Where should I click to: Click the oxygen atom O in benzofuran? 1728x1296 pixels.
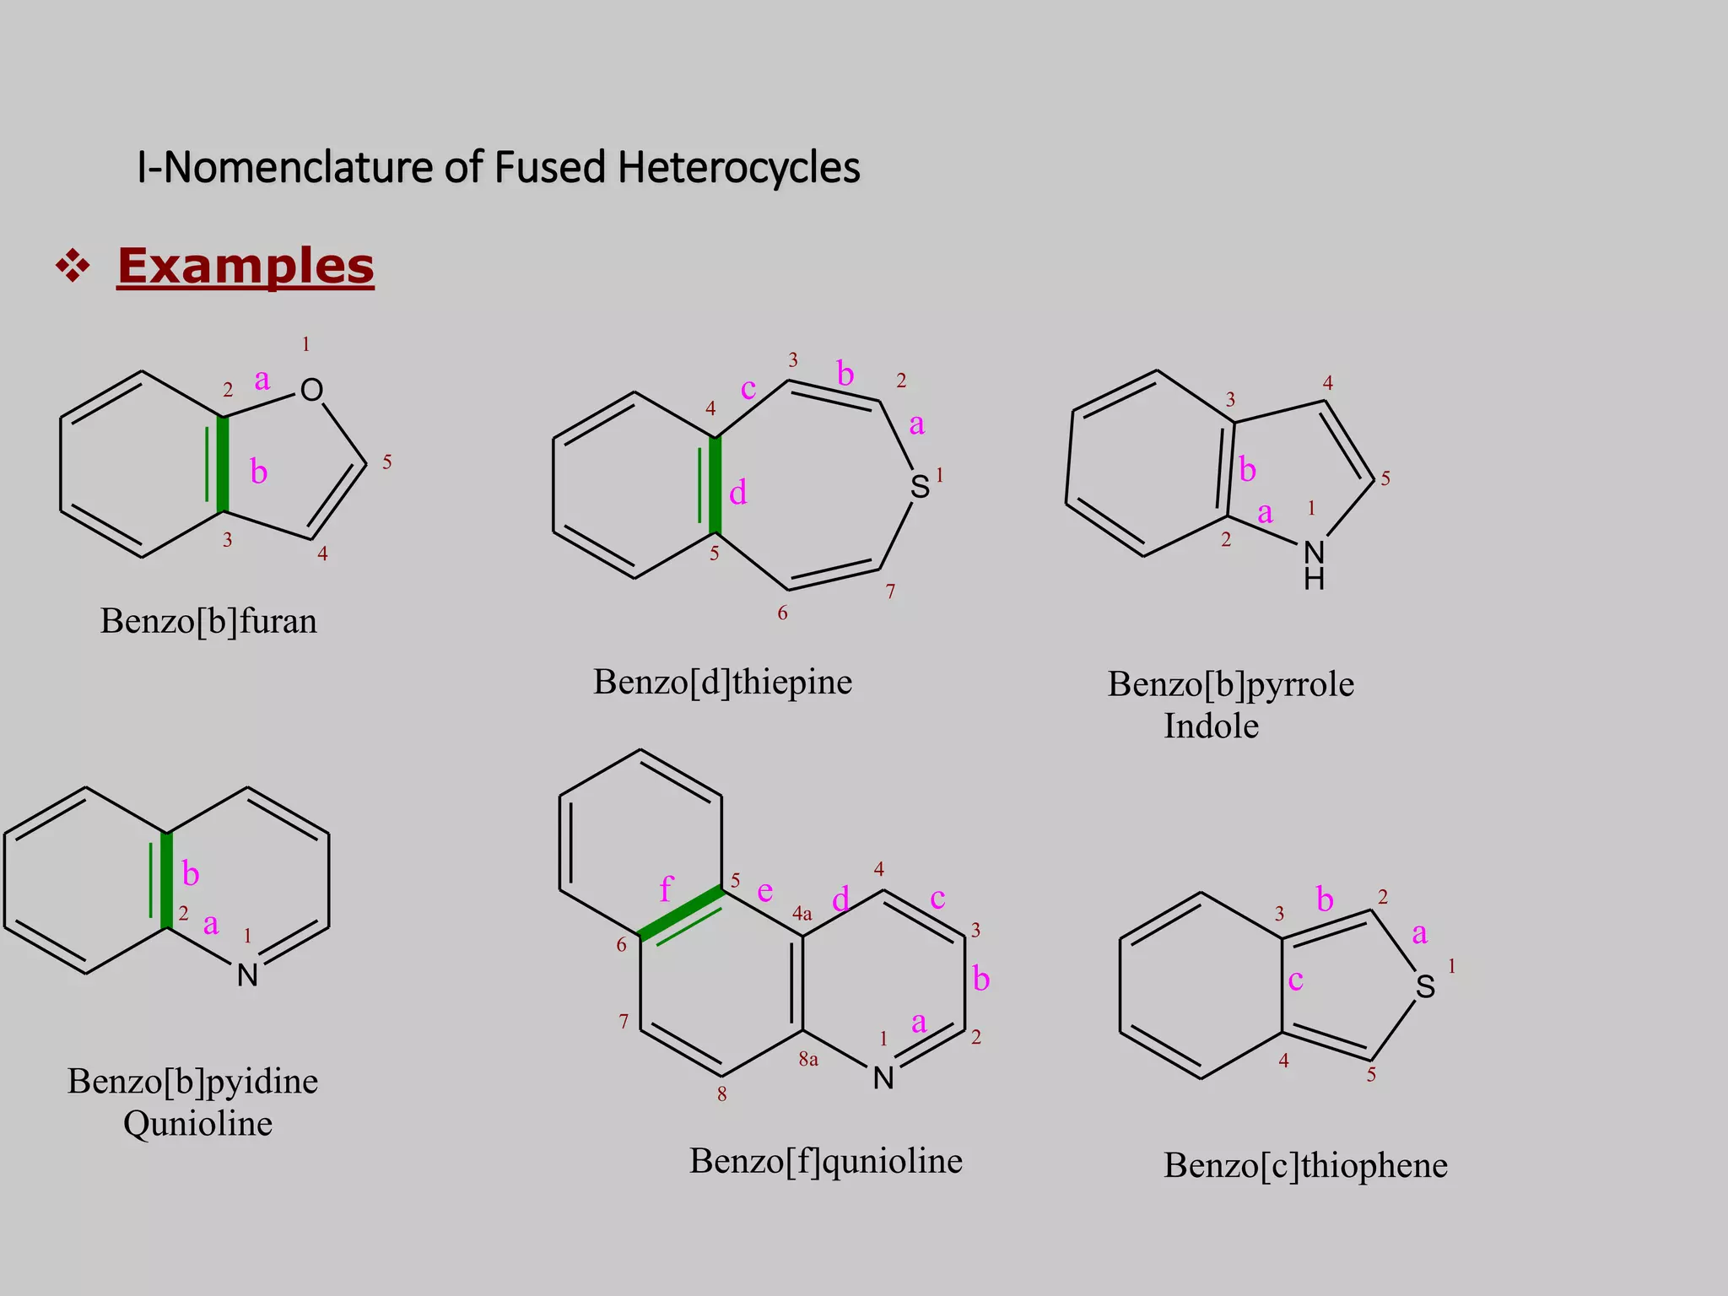(311, 390)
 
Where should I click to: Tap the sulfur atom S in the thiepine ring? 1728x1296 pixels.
(920, 487)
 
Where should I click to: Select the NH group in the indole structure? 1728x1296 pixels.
(1314, 565)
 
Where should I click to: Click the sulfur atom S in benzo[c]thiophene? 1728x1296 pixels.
(1425, 986)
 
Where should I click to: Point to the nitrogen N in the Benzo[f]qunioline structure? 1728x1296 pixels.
(883, 1077)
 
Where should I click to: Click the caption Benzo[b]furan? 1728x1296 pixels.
(208, 621)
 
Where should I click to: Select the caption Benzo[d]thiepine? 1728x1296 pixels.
(722, 682)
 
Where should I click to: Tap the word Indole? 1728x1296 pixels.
(1211, 726)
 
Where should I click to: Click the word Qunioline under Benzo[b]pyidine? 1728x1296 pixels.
(197, 1123)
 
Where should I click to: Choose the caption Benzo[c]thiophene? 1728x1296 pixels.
(1305, 1165)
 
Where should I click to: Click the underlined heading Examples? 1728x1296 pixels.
(246, 266)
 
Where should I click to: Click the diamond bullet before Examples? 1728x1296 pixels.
(73, 267)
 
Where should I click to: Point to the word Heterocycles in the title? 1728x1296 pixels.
(738, 167)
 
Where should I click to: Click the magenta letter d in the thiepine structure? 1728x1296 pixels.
(737, 492)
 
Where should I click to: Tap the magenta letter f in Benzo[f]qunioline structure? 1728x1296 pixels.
(666, 888)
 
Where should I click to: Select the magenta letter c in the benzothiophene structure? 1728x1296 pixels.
(1296, 980)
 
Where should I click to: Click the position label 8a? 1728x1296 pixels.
(808, 1059)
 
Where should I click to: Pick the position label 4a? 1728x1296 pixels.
(802, 913)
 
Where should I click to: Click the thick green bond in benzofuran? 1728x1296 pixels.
(223, 464)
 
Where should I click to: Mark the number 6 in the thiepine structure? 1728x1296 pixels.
(782, 613)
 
